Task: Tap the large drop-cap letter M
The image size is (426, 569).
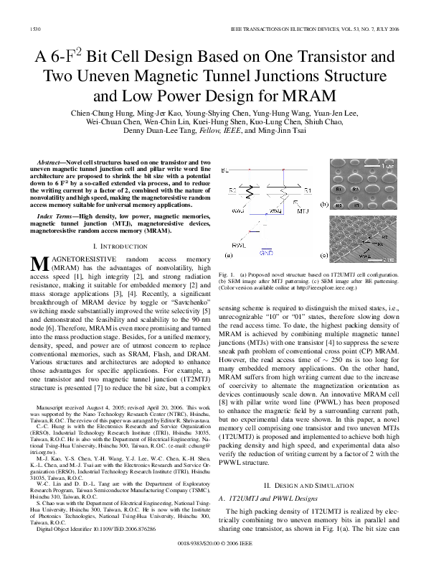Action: (39, 264)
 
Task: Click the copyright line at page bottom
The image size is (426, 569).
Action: (213, 557)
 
